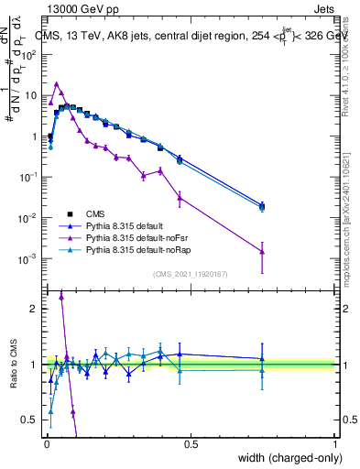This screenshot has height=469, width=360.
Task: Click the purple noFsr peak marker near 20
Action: (57, 83)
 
